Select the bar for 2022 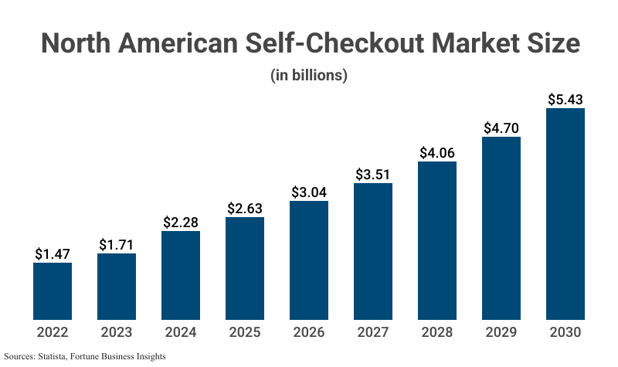coord(53,291)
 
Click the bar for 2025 coord(245,267)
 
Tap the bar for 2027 coord(373,250)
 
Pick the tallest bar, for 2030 coord(565,213)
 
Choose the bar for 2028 coord(437,240)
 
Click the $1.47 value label coord(53,253)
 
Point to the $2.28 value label coord(181,222)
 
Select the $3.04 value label coord(309,192)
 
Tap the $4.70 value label coord(501,127)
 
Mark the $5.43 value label coord(565,99)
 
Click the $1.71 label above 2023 coord(117,244)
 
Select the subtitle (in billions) coord(309,76)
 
